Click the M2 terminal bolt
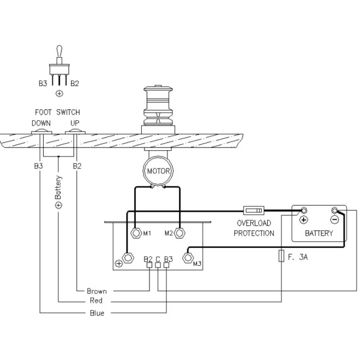180,233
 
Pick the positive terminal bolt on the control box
128,258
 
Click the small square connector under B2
149,265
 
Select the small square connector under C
157,265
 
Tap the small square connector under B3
166,265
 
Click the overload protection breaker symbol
253,210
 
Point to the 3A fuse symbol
281,256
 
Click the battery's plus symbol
303,220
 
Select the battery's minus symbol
334,220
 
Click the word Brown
97,291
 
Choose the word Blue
97,313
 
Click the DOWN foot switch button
42,131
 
